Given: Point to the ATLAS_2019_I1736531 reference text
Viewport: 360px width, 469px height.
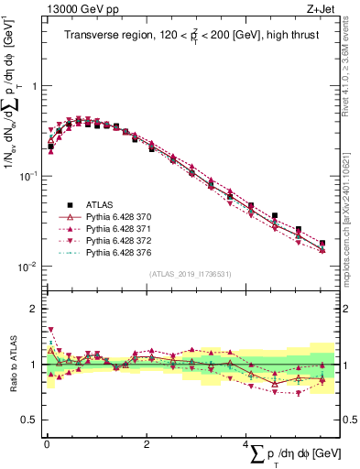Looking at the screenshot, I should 190,273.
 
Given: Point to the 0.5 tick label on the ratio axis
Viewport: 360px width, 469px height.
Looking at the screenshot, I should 29,420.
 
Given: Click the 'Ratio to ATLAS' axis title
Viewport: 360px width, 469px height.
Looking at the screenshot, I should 11,365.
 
